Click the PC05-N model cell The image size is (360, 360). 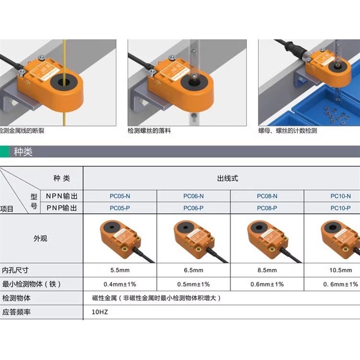point(120,196)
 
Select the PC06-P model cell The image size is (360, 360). point(193,208)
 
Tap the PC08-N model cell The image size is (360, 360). point(267,196)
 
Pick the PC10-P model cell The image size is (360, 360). point(340,208)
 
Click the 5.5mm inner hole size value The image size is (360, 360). point(120,270)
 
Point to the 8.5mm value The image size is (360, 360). point(267,270)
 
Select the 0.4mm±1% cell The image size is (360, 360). point(120,284)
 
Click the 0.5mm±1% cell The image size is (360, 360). point(193,284)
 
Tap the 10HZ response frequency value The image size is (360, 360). point(100,312)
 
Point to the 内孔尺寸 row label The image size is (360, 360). point(15,270)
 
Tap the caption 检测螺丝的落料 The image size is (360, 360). point(149,131)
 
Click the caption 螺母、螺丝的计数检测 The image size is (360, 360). point(288,131)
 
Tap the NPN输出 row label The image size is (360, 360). point(62,196)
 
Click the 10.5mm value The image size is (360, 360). point(341,270)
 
